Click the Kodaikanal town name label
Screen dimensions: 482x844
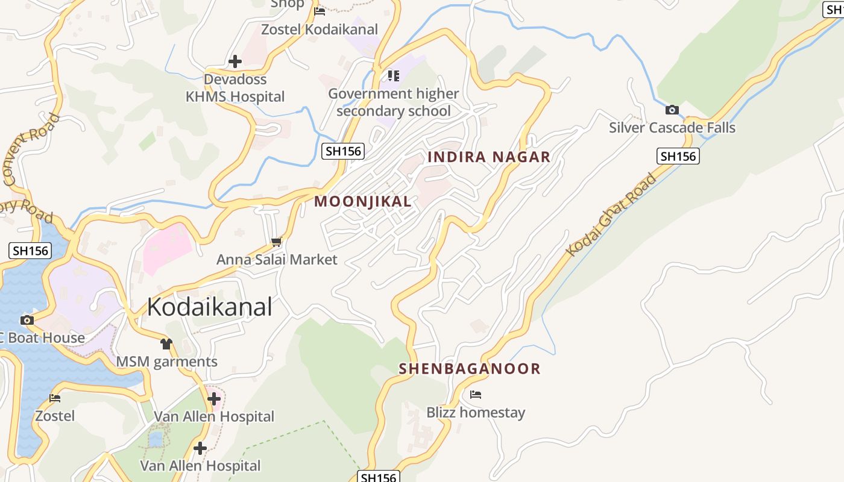[x=209, y=307]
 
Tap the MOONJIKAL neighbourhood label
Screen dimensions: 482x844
[x=363, y=202]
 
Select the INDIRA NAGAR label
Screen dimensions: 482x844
[x=488, y=157]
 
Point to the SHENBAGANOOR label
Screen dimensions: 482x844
[x=470, y=369]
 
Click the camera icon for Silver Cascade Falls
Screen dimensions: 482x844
[x=672, y=110]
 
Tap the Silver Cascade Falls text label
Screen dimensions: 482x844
[x=672, y=128]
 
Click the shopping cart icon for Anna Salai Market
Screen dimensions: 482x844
[x=276, y=242]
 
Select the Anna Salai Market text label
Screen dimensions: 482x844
[x=277, y=260]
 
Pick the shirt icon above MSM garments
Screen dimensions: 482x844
[x=166, y=344]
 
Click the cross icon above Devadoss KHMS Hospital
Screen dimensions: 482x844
[x=235, y=61]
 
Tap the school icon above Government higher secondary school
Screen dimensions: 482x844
[x=393, y=76]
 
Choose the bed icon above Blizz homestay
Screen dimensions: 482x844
[x=476, y=395]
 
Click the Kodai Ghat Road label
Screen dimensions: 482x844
[x=611, y=214]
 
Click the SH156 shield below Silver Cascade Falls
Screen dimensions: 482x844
[x=678, y=157]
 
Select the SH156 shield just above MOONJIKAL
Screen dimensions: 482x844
[x=343, y=151]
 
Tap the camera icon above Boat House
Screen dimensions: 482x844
[x=27, y=320]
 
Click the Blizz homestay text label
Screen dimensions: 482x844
[x=476, y=413]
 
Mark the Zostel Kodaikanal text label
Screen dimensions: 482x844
[x=319, y=29]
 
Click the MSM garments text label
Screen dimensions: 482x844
[x=166, y=362]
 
